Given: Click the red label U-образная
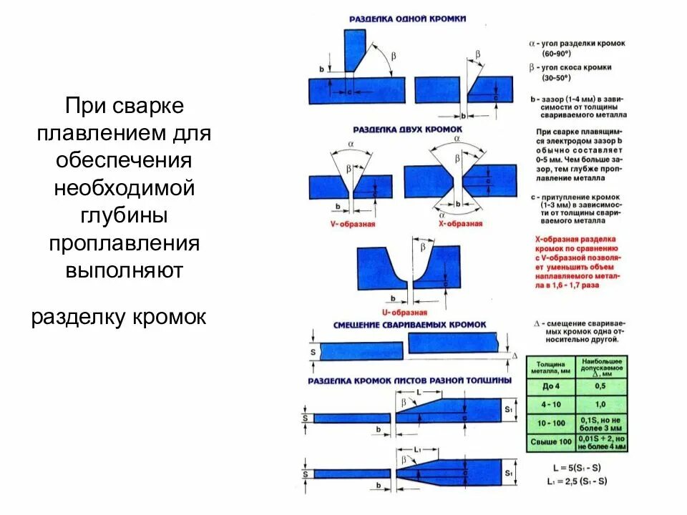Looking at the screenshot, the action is pos(405,313).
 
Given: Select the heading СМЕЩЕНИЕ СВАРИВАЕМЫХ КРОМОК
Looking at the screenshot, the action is pos(409,325).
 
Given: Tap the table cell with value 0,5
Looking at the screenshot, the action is pos(601,386).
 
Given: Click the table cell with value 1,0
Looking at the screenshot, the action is pos(601,404).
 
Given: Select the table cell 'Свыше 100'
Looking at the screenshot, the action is pos(550,442).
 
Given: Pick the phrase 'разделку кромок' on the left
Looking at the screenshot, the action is pos(119,317).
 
